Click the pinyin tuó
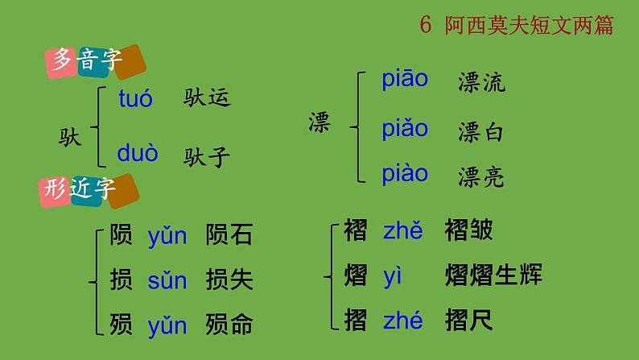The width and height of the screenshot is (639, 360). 135,99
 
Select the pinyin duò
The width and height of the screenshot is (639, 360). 138,153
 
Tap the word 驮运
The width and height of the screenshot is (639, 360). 207,98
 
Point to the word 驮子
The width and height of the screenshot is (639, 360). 207,155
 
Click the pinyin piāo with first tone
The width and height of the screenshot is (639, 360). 405,80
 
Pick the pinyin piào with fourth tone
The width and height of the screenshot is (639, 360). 405,174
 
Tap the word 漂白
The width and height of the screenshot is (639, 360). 481,131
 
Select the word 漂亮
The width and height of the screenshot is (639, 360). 481,176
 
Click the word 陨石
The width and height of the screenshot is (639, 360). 229,235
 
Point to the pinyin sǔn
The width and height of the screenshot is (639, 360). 167,280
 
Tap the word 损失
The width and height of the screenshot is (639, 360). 229,279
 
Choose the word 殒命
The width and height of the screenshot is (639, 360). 229,325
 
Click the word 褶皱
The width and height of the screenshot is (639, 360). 468,231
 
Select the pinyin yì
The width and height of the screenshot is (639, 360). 393,276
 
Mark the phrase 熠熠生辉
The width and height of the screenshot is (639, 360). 493,275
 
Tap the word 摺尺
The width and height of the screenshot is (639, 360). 468,321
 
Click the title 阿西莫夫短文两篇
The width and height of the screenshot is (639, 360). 529,26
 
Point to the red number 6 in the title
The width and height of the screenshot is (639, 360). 426,26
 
